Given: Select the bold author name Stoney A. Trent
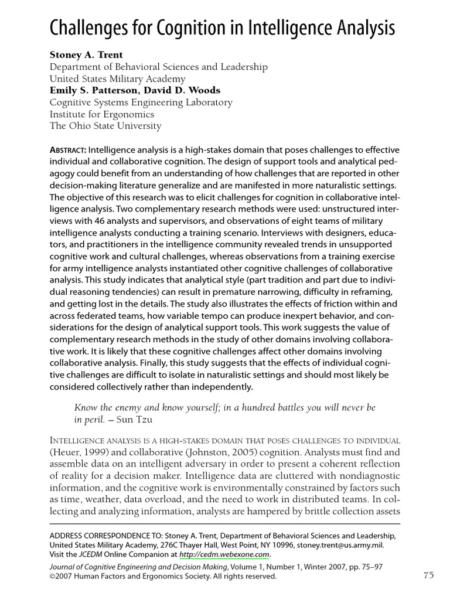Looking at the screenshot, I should [86, 55].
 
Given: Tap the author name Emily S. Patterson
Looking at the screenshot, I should [96, 91].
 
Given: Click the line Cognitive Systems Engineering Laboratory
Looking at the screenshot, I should [141, 103].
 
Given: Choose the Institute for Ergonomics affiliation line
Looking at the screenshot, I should [101, 114].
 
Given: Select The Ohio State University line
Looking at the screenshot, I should [105, 126].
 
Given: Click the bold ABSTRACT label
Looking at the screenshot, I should [67, 150].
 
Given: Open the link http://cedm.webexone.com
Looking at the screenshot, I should [225, 554].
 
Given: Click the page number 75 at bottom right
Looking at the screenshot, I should [428, 575].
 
